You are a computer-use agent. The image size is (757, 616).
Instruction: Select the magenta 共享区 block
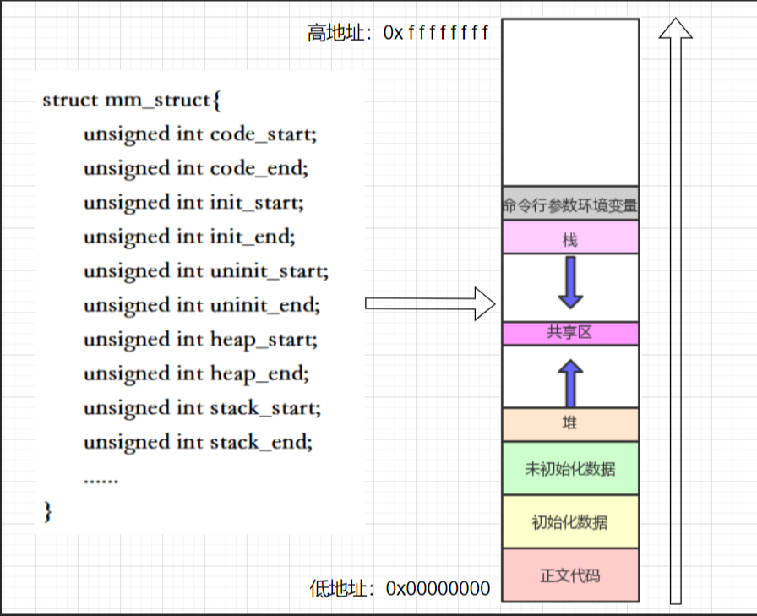[570, 333]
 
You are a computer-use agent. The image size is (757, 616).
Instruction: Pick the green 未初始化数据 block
[570, 468]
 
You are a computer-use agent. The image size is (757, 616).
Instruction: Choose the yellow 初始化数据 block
[570, 521]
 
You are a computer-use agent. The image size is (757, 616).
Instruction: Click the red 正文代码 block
[570, 575]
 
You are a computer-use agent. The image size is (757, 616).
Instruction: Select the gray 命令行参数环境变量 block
[570, 204]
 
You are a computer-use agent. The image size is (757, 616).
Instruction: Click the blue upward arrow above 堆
[570, 381]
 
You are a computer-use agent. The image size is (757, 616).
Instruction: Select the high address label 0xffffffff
[436, 33]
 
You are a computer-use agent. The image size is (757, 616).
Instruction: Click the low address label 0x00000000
[438, 587]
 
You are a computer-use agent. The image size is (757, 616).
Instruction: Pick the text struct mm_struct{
[131, 100]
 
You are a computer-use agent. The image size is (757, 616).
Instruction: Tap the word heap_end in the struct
[259, 373]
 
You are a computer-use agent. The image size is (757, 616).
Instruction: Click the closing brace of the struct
[47, 511]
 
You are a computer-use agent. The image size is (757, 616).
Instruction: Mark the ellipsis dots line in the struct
[101, 479]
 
